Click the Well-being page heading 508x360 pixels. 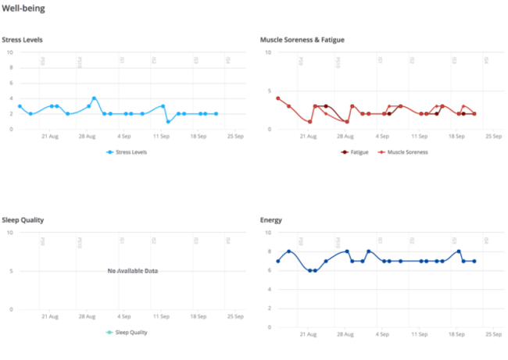(23, 9)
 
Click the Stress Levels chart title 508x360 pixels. (22, 40)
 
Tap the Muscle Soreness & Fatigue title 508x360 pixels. (302, 40)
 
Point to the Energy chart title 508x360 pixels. (271, 220)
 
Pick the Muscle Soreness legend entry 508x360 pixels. (402, 152)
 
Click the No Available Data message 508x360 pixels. (133, 271)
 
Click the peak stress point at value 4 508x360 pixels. (94, 98)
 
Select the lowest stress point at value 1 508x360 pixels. (168, 122)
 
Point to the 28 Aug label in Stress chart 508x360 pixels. (86, 136)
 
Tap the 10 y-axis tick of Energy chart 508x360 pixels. (268, 232)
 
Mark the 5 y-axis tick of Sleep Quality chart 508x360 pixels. (11, 271)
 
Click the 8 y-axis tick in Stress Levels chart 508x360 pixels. (10, 68)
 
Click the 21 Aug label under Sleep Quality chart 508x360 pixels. (49, 316)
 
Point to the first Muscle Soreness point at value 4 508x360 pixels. (277, 98)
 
